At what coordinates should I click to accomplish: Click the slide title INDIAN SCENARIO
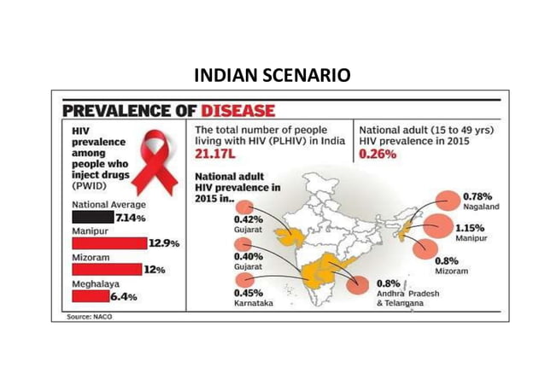point(272,75)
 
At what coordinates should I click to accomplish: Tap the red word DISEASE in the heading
point(237,112)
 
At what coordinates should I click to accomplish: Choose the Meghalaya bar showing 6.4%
point(89,295)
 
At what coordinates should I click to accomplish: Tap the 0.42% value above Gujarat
point(249,219)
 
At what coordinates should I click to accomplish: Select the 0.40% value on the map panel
point(249,257)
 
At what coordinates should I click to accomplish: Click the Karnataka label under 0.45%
point(254,304)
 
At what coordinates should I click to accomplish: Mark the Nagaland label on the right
point(481,207)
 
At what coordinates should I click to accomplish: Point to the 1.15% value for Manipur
point(473,229)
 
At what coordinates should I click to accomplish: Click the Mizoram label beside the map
point(452,271)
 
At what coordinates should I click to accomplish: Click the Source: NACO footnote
point(90,317)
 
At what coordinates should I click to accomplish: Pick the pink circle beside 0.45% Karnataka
point(248,281)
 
